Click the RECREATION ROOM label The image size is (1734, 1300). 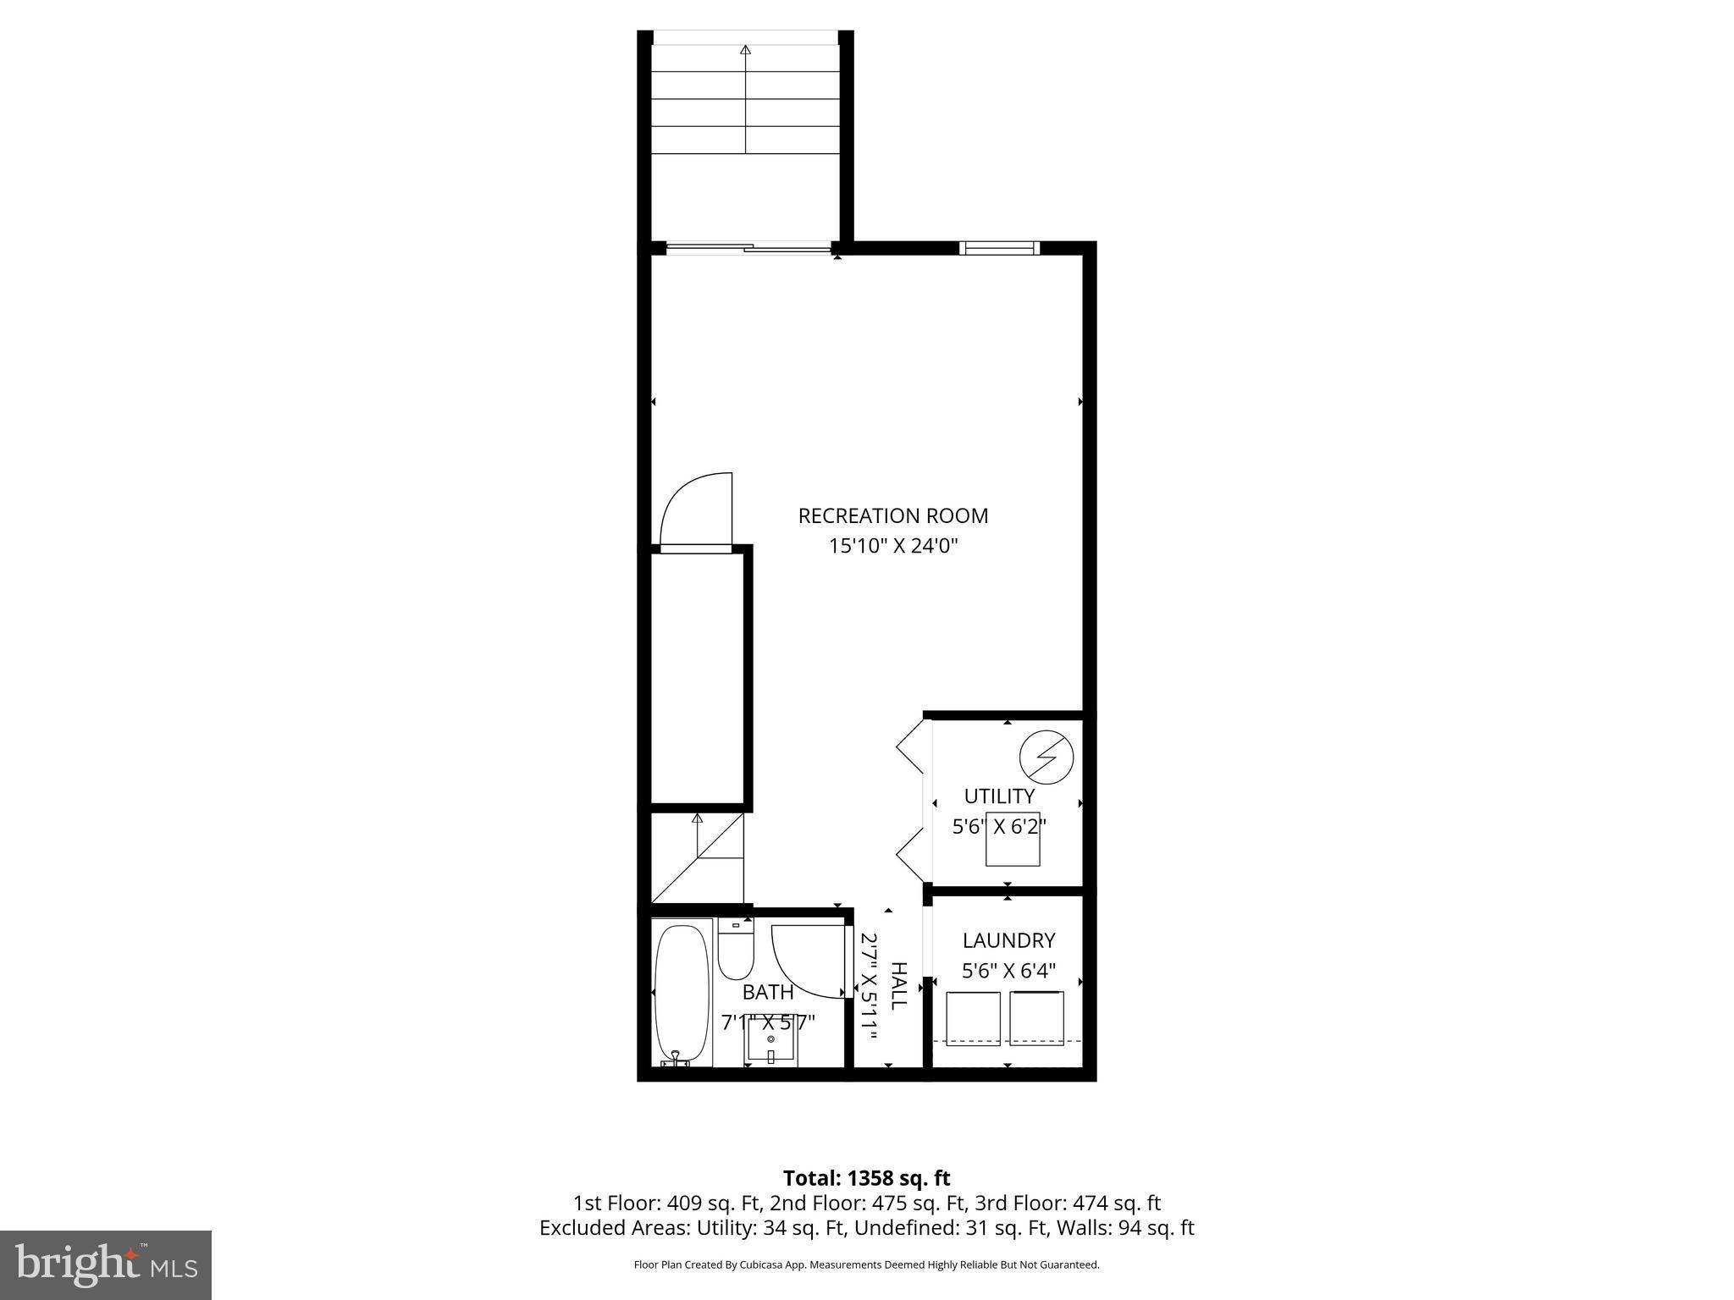[892, 515]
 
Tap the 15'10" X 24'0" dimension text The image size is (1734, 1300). [892, 546]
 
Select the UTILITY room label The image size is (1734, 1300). [999, 796]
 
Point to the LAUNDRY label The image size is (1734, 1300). [1008, 940]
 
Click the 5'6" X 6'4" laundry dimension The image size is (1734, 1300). [1008, 971]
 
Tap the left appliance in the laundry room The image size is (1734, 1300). [973, 1018]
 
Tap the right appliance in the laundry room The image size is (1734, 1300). [1037, 1018]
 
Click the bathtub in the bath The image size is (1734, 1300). [682, 994]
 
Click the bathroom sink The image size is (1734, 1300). [770, 1039]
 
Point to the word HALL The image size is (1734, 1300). [898, 985]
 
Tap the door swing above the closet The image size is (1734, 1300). [693, 510]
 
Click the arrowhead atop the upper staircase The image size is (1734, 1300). [745, 50]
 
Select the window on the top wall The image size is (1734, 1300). [1000, 248]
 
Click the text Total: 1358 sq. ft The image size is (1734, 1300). [866, 1178]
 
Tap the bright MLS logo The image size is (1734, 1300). [106, 1264]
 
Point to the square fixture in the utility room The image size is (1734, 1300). [1013, 839]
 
